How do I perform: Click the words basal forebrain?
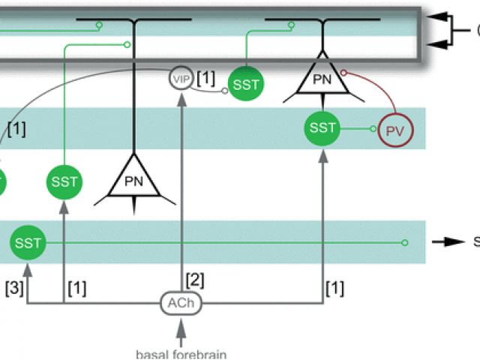coord(181,353)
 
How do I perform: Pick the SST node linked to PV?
coord(323,128)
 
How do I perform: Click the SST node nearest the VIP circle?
coord(246,84)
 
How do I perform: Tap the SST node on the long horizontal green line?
coord(28,243)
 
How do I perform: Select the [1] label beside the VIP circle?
coord(205,78)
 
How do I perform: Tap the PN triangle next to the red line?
coord(320,76)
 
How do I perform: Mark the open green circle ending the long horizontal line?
coord(405,243)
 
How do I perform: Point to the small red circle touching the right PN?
coord(343,73)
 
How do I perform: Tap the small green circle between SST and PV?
coord(372,129)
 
